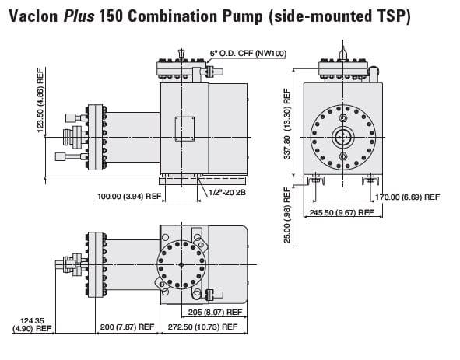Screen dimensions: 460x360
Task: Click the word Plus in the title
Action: coord(79,16)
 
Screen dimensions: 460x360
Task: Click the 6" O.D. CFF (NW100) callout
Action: coord(248,54)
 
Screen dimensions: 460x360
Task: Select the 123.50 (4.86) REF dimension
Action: coord(40,100)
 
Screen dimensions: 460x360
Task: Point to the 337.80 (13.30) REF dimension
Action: coord(287,124)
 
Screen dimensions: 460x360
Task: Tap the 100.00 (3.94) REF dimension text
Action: coord(129,196)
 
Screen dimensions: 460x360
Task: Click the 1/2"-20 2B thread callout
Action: coord(227,193)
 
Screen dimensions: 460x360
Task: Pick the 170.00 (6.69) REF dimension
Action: coord(408,197)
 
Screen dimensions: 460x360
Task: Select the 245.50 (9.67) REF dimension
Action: coord(342,212)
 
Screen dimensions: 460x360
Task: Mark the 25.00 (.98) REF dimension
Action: coord(287,215)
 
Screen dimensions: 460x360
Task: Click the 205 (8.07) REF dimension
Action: coord(215,313)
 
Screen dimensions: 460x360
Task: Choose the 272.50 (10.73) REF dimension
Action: coord(202,327)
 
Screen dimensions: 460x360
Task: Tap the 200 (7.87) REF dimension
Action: coord(127,327)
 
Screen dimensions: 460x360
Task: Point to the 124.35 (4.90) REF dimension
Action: coord(32,325)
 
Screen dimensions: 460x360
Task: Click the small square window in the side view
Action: coord(184,129)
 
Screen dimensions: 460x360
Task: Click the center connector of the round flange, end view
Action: coord(343,137)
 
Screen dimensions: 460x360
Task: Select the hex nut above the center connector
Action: coord(343,118)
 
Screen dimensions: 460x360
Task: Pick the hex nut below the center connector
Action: coord(343,156)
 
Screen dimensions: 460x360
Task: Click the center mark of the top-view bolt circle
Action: coord(181,264)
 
